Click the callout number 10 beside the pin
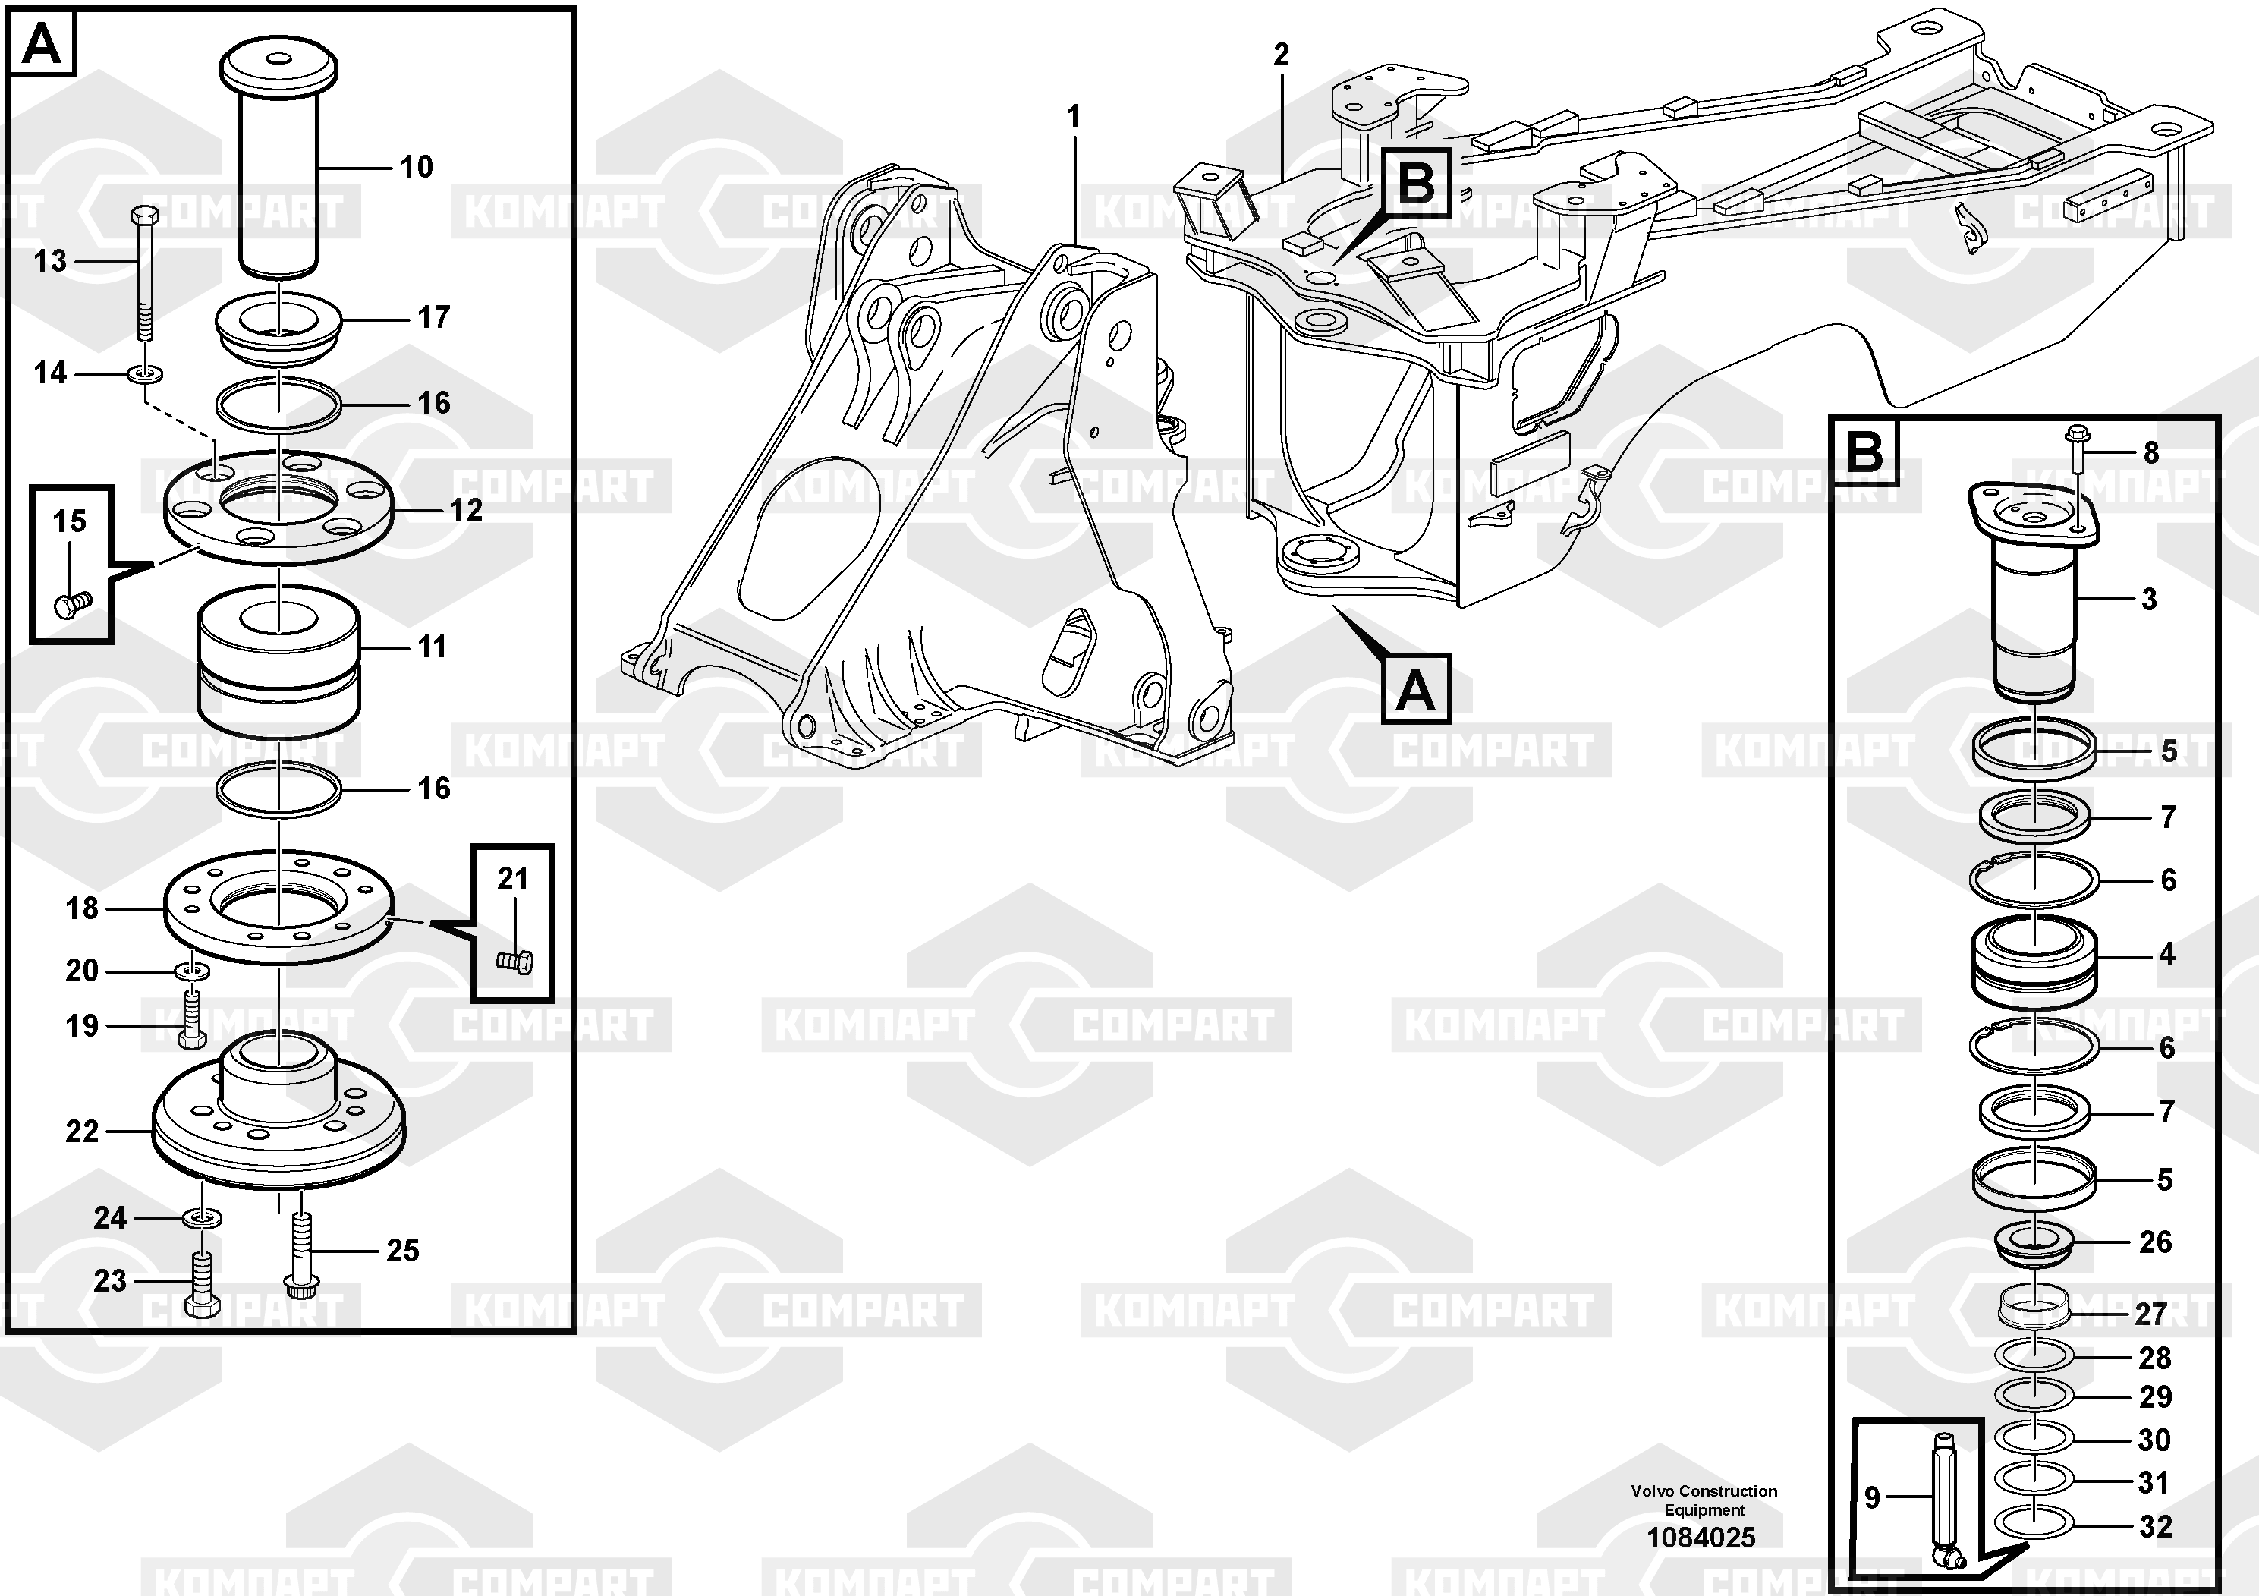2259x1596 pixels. pyautogui.click(x=416, y=167)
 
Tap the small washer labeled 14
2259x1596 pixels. pyautogui.click(x=146, y=374)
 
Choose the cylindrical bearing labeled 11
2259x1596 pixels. pyautogui.click(x=278, y=666)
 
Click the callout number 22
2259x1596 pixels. pyautogui.click(x=82, y=1132)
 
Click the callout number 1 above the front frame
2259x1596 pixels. pyautogui.click(x=1074, y=117)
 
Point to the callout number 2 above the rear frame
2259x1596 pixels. pyautogui.click(x=1280, y=55)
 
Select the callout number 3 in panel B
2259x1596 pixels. pyautogui.click(x=2149, y=600)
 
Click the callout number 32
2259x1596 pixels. pyautogui.click(x=2155, y=1526)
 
